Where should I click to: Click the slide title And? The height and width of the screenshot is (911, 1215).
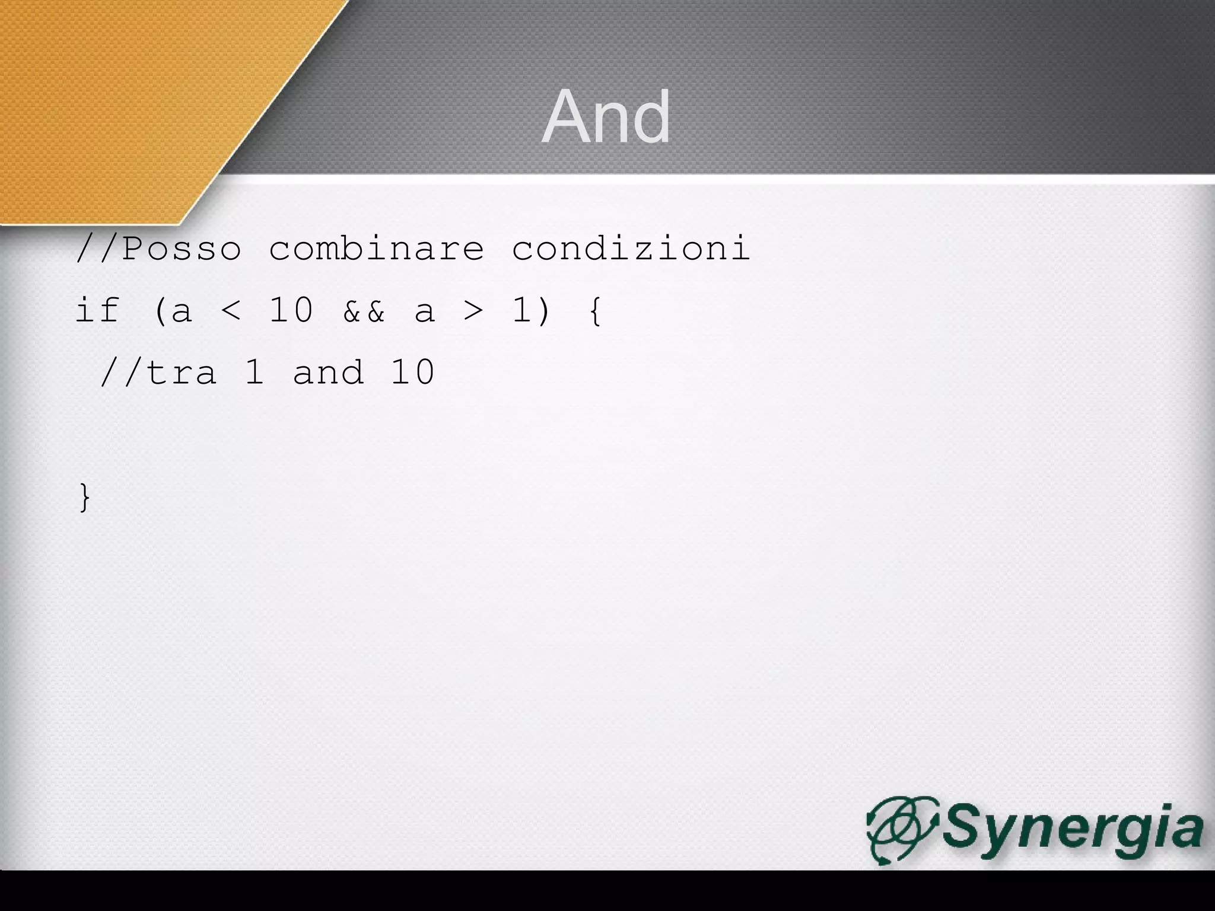coord(606,117)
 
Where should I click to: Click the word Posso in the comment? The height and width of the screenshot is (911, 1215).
coord(182,248)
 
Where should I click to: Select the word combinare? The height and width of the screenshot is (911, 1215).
coord(376,248)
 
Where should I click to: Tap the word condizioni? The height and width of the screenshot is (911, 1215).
coord(631,248)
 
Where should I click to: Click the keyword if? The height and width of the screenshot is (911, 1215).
coord(98,310)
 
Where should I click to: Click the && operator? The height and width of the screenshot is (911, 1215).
coord(364,311)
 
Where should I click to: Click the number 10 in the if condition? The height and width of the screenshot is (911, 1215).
coord(291,310)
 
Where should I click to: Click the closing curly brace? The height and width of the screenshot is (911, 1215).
coord(85,497)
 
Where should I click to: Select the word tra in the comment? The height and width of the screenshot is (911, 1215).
coord(181,373)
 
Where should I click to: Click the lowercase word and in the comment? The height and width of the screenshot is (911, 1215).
coord(327,373)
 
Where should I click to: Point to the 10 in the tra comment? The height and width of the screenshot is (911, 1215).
coord(412,373)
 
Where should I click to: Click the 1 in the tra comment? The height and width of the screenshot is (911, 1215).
coord(255,373)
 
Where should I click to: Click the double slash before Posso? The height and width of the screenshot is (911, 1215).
coord(98,248)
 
